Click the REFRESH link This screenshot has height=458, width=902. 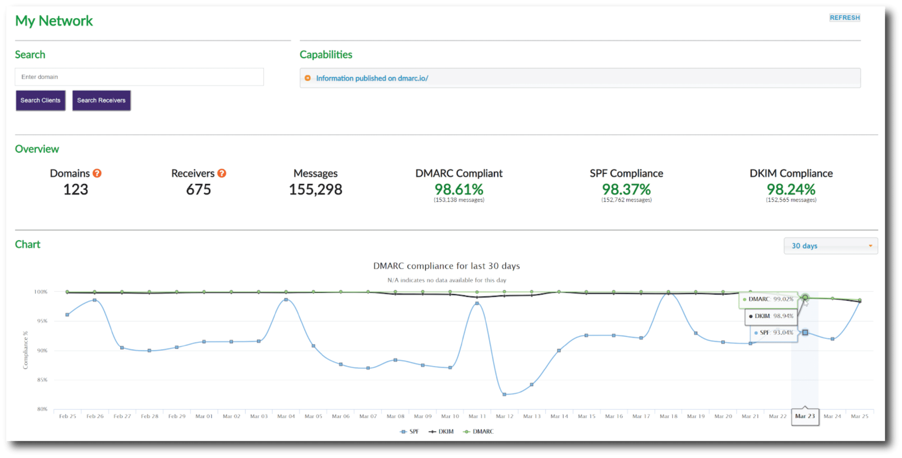click(844, 18)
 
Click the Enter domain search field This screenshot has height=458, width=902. click(139, 77)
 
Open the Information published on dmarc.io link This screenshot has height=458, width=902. click(372, 79)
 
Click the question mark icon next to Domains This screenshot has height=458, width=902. click(97, 173)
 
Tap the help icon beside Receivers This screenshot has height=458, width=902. click(221, 173)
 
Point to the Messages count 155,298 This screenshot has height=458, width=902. click(315, 190)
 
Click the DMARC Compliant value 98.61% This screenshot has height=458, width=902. click(459, 190)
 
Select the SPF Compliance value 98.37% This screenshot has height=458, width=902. click(626, 190)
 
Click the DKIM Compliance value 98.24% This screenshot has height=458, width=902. click(791, 190)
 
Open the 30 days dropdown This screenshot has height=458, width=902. click(830, 246)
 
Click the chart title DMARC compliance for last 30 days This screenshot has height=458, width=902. click(446, 266)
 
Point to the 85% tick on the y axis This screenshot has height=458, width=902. click(42, 380)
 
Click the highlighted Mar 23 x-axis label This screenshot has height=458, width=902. click(805, 416)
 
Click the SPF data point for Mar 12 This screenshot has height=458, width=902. click(504, 394)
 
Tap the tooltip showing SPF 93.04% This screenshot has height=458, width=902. click(773, 333)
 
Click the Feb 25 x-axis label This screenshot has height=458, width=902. click(68, 416)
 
